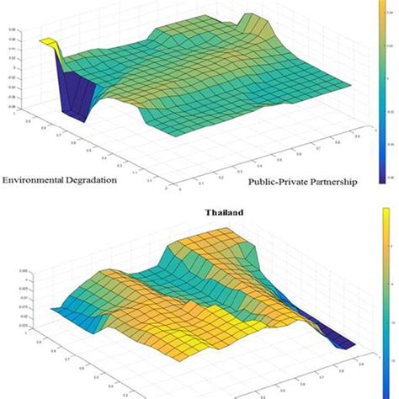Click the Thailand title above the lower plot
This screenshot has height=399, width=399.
(x=224, y=213)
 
